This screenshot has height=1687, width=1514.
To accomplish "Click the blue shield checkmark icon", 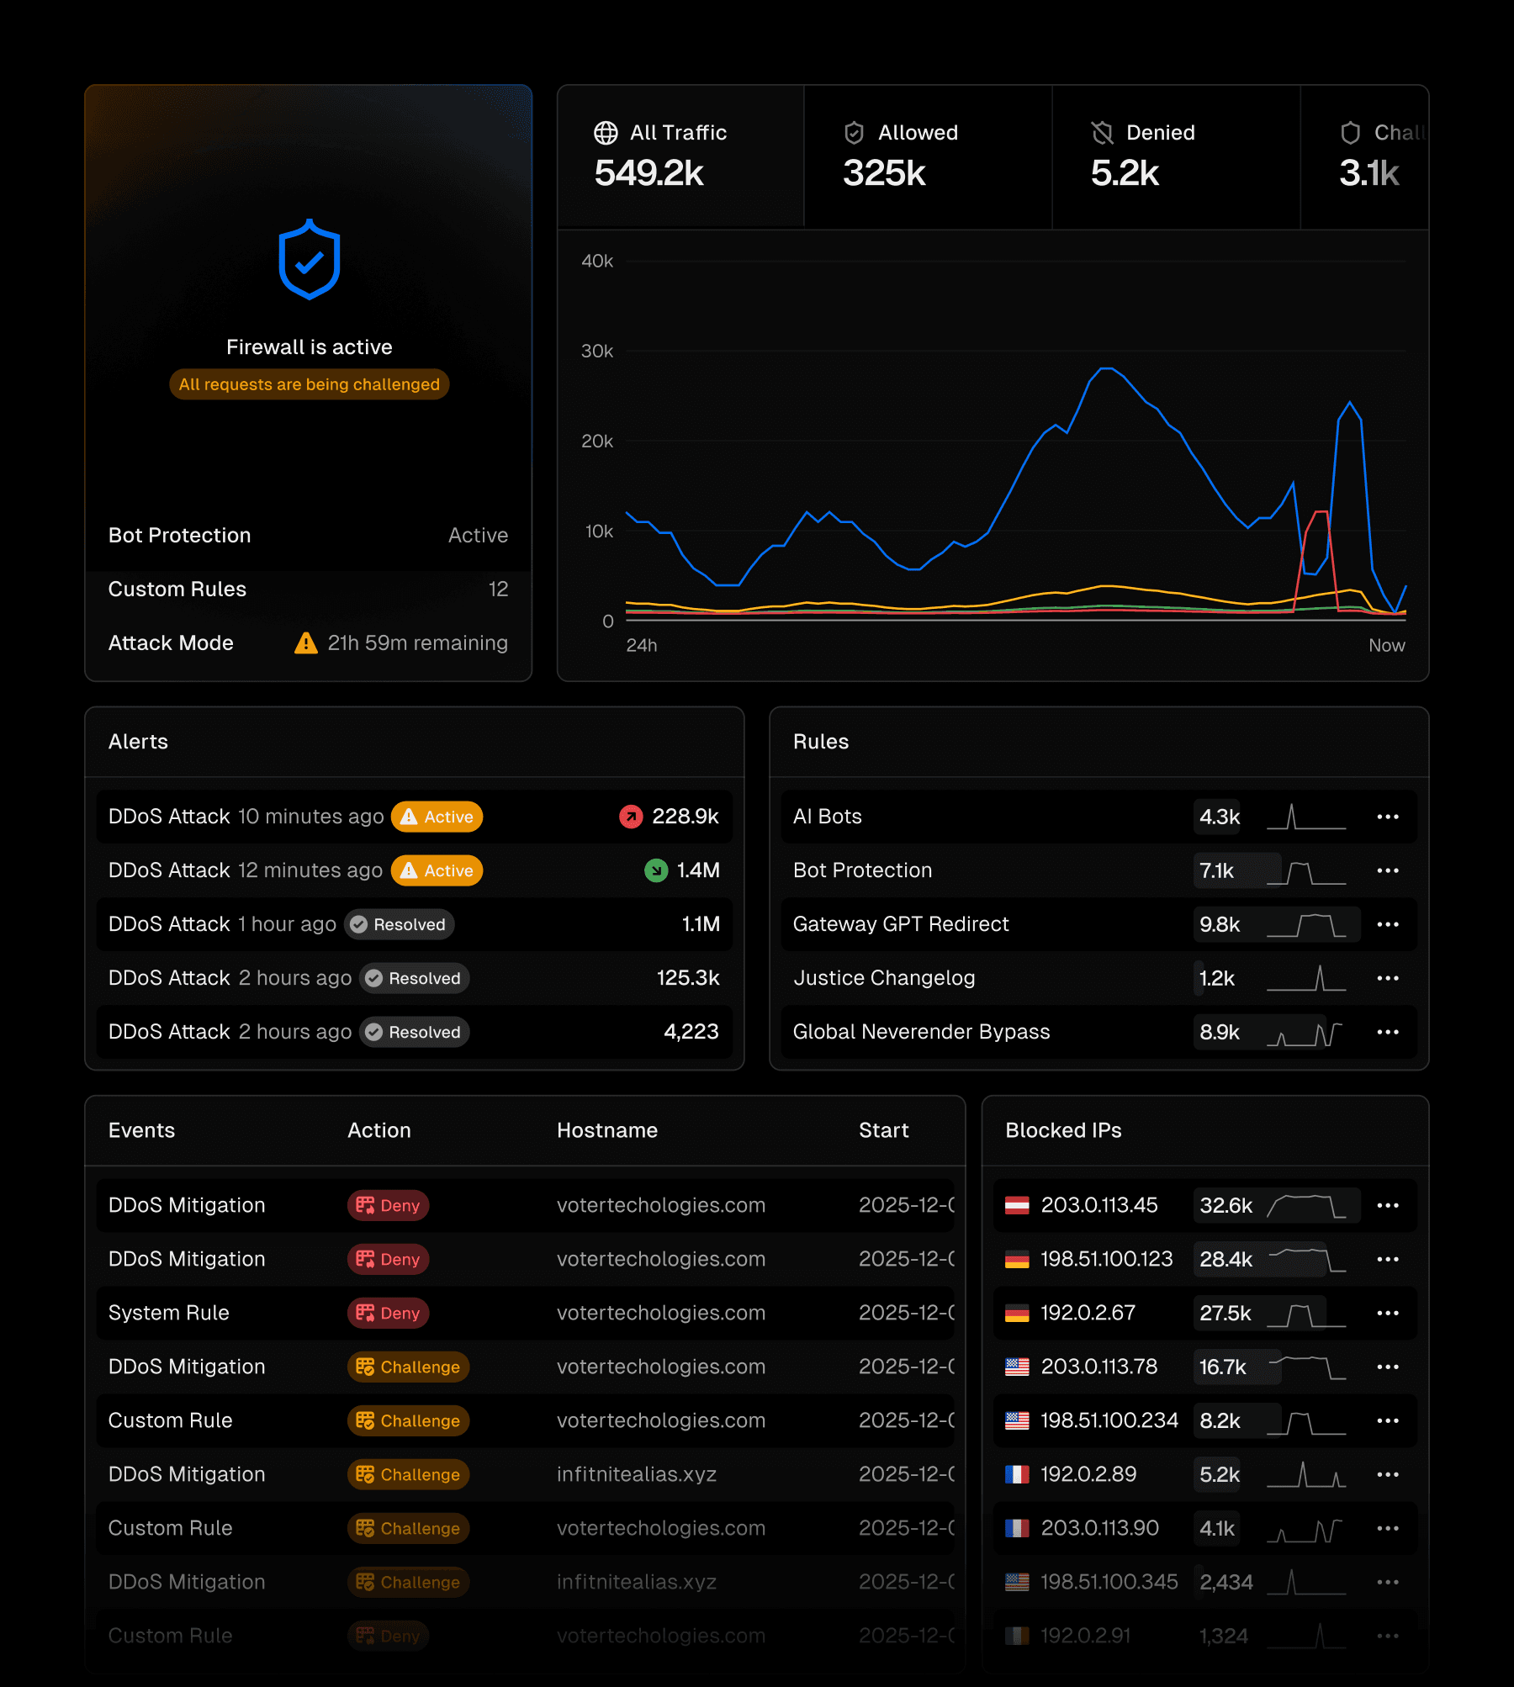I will click(309, 260).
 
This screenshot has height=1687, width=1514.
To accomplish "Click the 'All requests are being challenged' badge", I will click(309, 384).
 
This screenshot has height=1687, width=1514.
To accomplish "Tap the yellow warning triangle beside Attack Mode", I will click(305, 643).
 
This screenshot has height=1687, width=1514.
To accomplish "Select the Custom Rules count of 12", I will click(498, 590).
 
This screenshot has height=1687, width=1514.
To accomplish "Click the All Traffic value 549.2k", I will click(648, 173).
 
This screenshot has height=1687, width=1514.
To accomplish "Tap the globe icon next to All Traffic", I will click(606, 133).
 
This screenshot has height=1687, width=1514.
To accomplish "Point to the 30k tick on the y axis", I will click(596, 352).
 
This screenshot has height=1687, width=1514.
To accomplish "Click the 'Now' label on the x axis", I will click(1386, 646).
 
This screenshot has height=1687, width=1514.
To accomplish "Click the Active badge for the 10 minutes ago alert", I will click(437, 817).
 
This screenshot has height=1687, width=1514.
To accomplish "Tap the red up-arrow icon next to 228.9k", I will click(631, 817).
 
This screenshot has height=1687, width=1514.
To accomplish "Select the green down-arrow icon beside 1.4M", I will click(656, 870).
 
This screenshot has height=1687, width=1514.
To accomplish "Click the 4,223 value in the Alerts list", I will click(691, 1032).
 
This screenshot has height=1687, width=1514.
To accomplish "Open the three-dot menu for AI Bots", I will click(1388, 817).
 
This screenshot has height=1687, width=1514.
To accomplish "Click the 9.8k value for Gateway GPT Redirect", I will click(1219, 924).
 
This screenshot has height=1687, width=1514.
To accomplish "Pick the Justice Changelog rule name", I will click(884, 978).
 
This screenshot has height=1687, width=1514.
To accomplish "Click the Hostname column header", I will click(606, 1130).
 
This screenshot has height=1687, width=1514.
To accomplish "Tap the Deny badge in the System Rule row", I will click(388, 1313).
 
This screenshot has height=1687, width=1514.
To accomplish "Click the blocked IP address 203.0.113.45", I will click(1098, 1205).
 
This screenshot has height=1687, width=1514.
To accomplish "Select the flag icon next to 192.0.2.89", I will click(1017, 1474).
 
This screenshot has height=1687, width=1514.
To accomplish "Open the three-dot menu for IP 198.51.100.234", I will click(1388, 1420).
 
